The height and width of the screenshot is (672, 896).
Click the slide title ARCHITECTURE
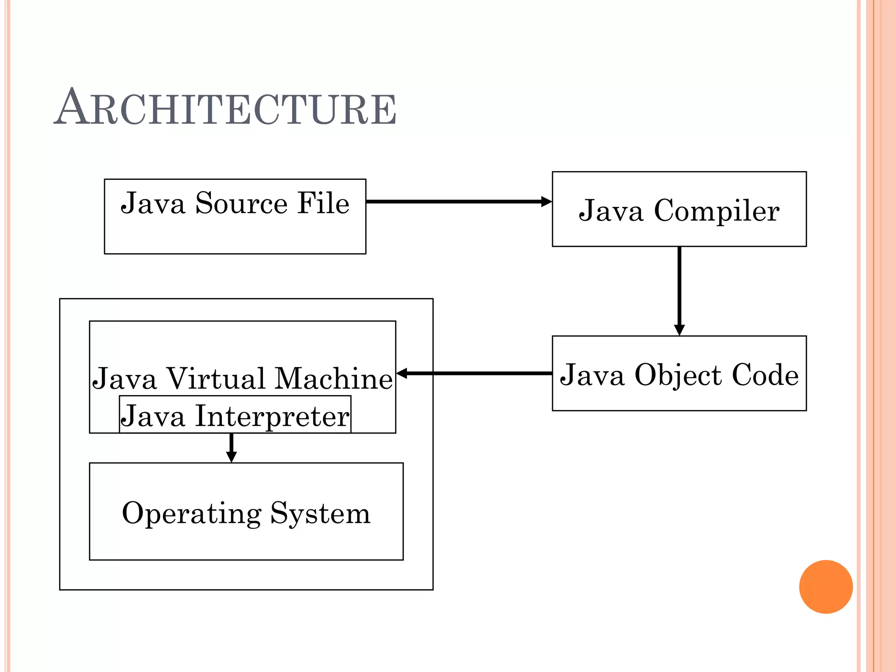coord(225,108)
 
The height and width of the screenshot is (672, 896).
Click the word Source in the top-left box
coord(241,203)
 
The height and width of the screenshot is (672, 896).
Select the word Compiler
coord(716,212)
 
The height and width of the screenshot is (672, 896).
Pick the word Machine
coord(334,378)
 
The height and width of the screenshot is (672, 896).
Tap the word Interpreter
coord(272,416)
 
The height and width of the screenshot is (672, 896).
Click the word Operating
coord(192,514)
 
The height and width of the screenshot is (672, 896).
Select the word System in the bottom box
coord(320,514)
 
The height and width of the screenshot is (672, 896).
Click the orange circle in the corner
coord(826,587)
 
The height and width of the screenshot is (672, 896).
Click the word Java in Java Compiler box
coord(611,211)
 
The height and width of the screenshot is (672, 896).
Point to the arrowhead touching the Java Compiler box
coord(546,202)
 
